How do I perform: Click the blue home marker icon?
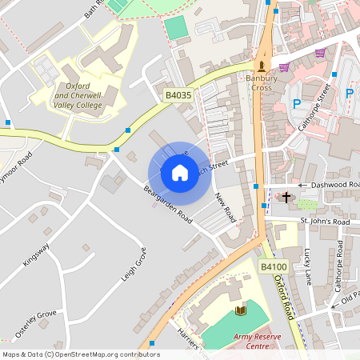179,172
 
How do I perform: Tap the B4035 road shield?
178,95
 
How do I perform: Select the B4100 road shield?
273,266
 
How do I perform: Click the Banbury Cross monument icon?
261,66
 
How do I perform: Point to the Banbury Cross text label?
260,82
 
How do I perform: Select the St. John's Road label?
325,221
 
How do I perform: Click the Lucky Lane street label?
308,266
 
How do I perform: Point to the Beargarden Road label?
169,205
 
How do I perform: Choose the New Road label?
225,210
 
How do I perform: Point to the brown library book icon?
241,310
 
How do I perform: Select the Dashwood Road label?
335,185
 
